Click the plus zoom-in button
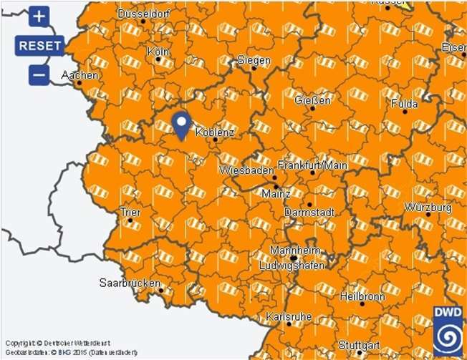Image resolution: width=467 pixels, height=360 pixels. (39, 16)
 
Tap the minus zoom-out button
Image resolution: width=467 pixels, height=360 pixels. (39, 74)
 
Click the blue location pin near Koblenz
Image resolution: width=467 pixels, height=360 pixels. (182, 124)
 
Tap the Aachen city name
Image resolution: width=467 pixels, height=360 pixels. (79, 74)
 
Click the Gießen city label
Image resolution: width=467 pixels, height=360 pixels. (313, 100)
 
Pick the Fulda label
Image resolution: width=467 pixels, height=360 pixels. (404, 103)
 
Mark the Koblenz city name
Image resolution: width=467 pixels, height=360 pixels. (215, 132)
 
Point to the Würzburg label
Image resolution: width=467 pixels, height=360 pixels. (428, 207)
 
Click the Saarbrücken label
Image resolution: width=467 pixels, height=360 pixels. (130, 283)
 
